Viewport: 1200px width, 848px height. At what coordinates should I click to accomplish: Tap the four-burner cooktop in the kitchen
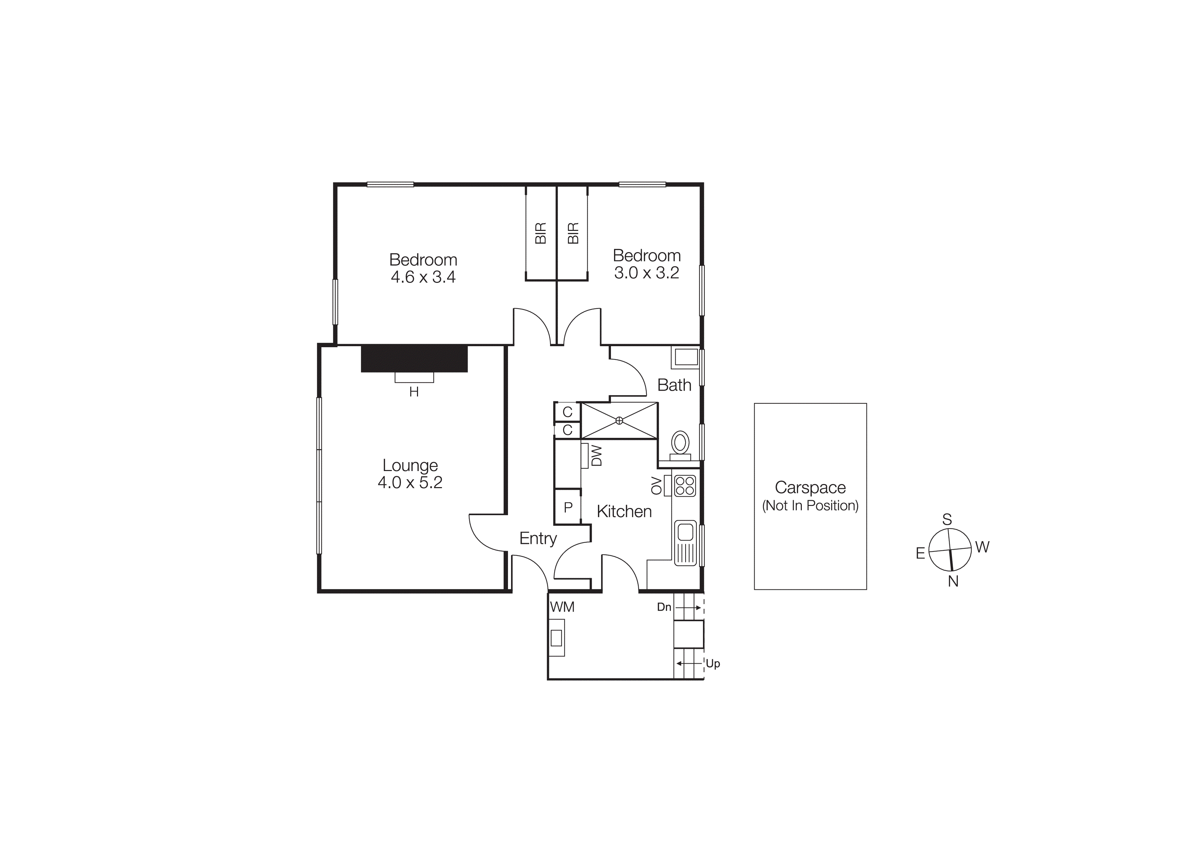pyautogui.click(x=685, y=485)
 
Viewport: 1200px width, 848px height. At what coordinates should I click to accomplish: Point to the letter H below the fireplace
pyautogui.click(x=414, y=392)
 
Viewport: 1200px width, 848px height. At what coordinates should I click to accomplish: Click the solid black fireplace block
pyautogui.click(x=414, y=358)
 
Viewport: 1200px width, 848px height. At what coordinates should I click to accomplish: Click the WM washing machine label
pyautogui.click(x=562, y=606)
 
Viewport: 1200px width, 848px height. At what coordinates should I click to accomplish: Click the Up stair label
pyautogui.click(x=713, y=664)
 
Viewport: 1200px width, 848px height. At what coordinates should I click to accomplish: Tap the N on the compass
pyautogui.click(x=953, y=581)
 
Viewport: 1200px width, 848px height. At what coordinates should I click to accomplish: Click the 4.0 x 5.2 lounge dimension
pyautogui.click(x=410, y=482)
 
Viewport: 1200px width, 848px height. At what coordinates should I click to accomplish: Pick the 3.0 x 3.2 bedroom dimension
pyautogui.click(x=647, y=273)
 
